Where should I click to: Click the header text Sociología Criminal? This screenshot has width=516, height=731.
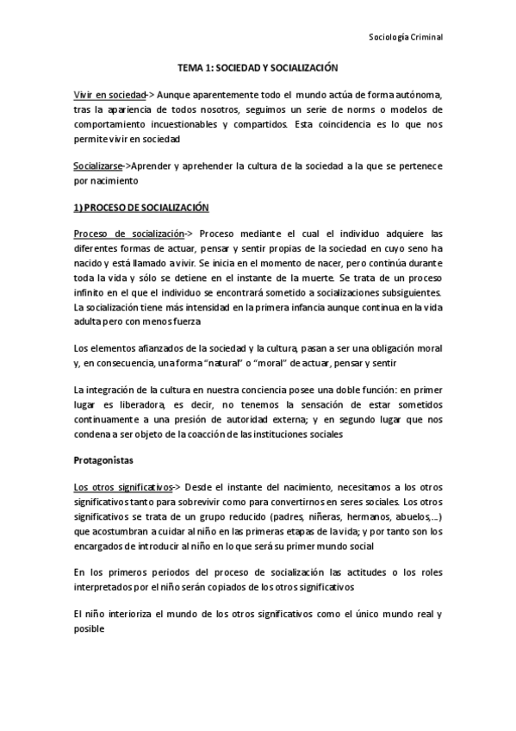click(x=405, y=37)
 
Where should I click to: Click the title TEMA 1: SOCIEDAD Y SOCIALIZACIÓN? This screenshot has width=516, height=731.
click(x=258, y=66)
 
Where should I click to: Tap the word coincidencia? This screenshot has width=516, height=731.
click(x=334, y=124)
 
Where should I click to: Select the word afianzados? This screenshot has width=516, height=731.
click(x=152, y=347)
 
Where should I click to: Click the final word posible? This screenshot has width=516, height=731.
click(x=90, y=629)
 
